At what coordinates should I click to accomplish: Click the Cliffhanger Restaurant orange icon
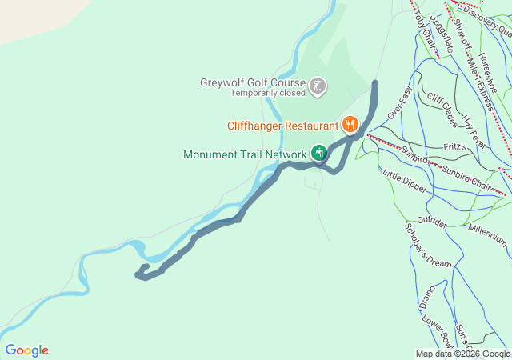[350, 125]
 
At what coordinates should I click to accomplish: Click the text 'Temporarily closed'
[268, 93]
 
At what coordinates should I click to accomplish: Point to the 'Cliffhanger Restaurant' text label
[282, 126]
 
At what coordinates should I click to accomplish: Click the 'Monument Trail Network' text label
[245, 154]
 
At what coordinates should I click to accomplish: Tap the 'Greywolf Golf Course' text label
[252, 82]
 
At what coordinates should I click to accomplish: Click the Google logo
[26, 350]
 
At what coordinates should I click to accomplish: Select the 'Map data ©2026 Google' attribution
[462, 354]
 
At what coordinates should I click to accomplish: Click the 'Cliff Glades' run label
[442, 110]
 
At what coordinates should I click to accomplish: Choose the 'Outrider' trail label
[431, 222]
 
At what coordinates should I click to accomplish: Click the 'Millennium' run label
[487, 234]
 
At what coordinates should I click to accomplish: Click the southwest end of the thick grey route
[138, 276]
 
